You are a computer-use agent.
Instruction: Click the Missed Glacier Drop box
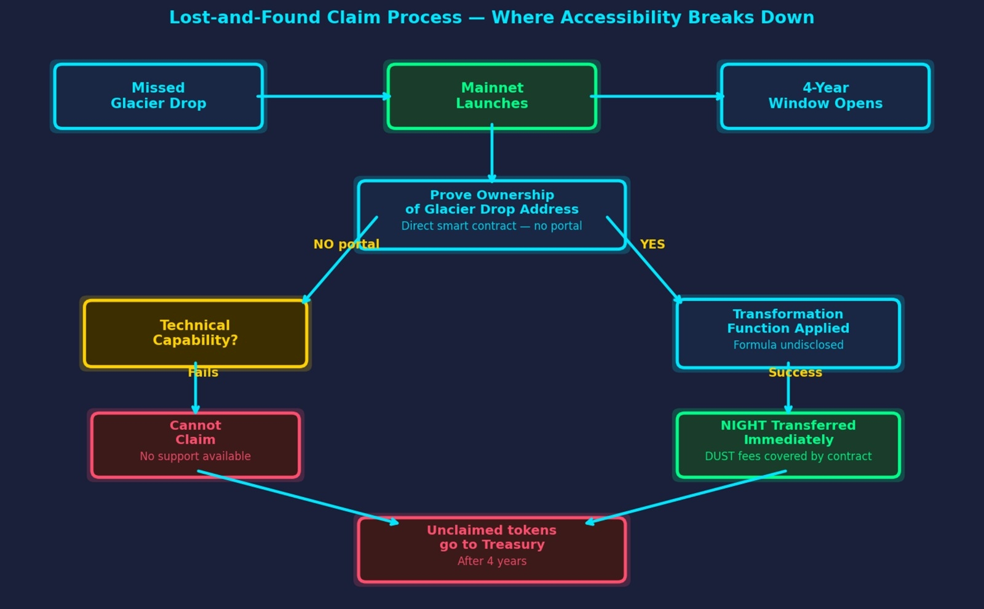159,96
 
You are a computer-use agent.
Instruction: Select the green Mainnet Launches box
492,96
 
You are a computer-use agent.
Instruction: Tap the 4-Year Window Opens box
825,96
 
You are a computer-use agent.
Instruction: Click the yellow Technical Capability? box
196,333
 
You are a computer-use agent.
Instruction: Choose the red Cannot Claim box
196,445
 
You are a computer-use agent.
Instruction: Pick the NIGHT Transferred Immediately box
788,445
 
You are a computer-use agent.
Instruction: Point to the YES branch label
653,244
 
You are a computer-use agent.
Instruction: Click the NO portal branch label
346,244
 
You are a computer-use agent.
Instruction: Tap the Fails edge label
203,373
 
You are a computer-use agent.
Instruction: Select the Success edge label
795,373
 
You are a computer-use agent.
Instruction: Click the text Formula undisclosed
788,345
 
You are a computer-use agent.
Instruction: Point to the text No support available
196,456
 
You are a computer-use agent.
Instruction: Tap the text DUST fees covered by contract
788,456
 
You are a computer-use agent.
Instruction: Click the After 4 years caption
492,561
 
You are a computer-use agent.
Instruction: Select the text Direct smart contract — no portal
492,226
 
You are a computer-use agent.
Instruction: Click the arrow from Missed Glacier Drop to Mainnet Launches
323,96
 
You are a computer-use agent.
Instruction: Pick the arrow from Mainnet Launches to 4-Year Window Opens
657,96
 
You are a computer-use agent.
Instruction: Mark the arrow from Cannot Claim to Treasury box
298,498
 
